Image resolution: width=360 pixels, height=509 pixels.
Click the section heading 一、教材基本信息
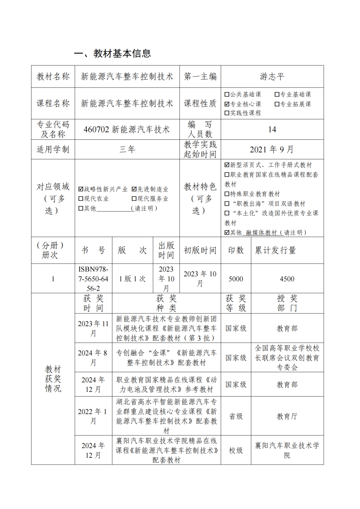[x=112, y=53]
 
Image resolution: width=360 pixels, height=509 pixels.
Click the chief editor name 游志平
[x=272, y=77]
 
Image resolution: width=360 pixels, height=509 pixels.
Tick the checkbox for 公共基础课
[x=227, y=95]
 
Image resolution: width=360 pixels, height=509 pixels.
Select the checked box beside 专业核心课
[x=227, y=104]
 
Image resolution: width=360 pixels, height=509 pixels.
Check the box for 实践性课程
[x=227, y=113]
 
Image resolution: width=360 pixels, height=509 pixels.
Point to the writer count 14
[x=272, y=130]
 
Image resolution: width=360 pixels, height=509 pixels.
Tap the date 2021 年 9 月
[x=272, y=150]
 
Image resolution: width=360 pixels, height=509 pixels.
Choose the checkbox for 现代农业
[x=81, y=199]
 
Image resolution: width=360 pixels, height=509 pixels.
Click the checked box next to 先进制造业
[x=134, y=189]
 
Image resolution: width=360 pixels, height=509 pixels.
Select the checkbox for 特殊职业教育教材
[x=227, y=194]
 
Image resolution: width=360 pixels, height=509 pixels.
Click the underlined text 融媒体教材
[x=261, y=233]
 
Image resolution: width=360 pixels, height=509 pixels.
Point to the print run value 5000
[x=236, y=279]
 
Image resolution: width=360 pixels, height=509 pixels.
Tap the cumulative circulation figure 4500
[x=287, y=279]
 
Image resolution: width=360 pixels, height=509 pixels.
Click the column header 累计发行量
[x=275, y=250]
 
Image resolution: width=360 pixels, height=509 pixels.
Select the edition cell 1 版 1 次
[x=133, y=279]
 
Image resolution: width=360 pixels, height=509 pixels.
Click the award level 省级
[x=236, y=416]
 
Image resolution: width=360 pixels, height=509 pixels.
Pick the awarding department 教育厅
[x=287, y=416]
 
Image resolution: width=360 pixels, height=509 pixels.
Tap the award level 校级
[x=236, y=451]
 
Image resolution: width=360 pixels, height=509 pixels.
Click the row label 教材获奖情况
[x=53, y=379]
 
